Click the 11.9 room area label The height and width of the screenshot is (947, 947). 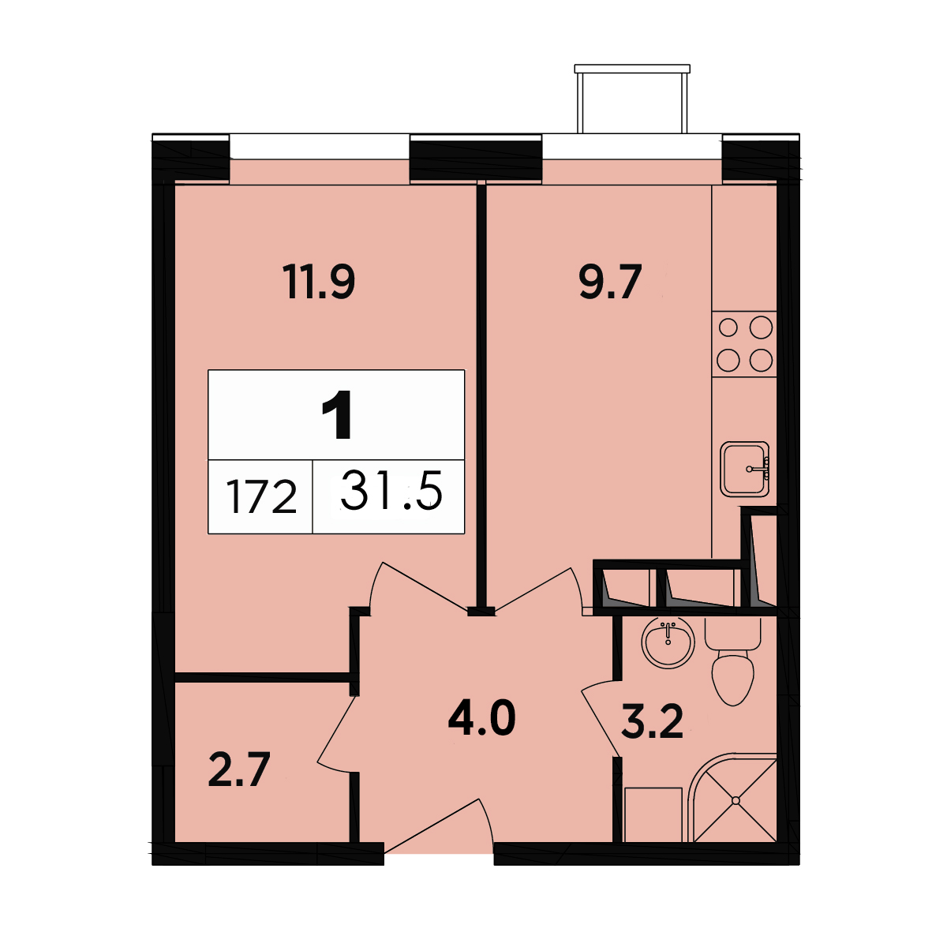(x=319, y=282)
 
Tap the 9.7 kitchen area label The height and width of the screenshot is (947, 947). (x=610, y=282)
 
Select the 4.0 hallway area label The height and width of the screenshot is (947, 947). (x=481, y=718)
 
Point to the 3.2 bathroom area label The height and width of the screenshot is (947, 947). (x=652, y=722)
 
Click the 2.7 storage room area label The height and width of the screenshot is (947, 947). (x=239, y=770)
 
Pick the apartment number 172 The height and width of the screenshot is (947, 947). (x=261, y=497)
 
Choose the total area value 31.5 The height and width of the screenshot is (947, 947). (x=391, y=492)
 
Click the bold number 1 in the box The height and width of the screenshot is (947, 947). (x=337, y=415)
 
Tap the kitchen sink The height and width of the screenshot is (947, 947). (x=744, y=469)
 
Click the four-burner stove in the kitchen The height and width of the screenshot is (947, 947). (x=744, y=344)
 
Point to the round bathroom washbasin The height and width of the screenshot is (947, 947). (x=668, y=642)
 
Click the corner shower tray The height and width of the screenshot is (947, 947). (x=732, y=798)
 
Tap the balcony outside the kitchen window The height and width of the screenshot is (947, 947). (x=632, y=99)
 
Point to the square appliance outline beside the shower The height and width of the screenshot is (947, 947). (x=653, y=814)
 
